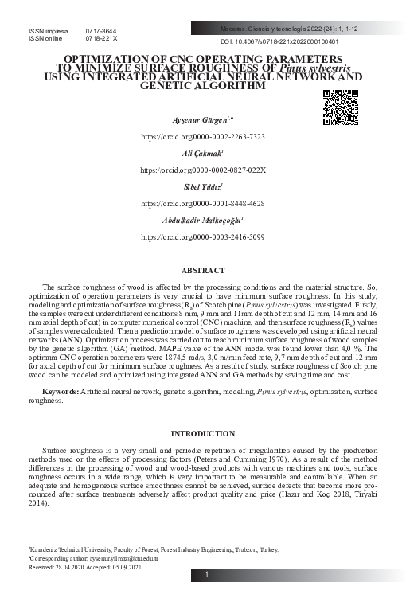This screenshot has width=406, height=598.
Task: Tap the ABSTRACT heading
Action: (x=203, y=271)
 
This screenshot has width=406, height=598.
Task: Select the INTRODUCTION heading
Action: (x=202, y=433)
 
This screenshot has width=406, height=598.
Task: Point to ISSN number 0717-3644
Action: (x=100, y=30)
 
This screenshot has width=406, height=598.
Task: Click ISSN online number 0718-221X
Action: (x=101, y=38)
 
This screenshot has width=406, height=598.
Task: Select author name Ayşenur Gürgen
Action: (x=201, y=119)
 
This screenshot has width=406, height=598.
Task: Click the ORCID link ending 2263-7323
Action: (x=202, y=137)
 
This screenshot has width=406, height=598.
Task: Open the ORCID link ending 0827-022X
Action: (x=202, y=170)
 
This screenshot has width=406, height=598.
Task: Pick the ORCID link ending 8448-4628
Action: (x=202, y=204)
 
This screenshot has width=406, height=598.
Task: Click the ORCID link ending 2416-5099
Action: (x=202, y=237)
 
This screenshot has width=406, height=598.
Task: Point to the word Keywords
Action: (x=59, y=393)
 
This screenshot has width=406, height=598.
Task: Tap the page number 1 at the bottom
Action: (x=206, y=575)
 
